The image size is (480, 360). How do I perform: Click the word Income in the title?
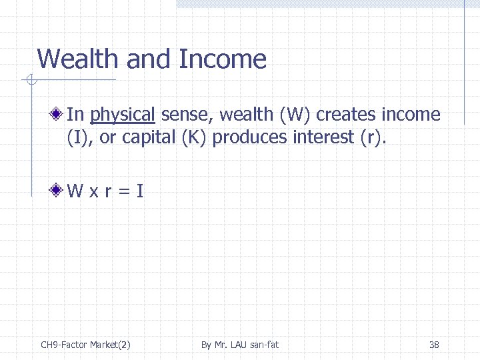click(223, 59)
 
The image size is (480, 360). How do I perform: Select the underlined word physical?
click(123, 115)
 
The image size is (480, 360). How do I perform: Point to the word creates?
click(346, 115)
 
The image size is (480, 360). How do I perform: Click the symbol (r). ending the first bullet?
click(372, 137)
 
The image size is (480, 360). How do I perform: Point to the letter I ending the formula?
click(139, 192)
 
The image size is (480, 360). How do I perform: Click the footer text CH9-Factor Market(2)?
click(85, 345)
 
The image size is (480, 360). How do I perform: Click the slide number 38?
click(434, 345)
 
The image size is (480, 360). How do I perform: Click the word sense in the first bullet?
click(183, 115)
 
